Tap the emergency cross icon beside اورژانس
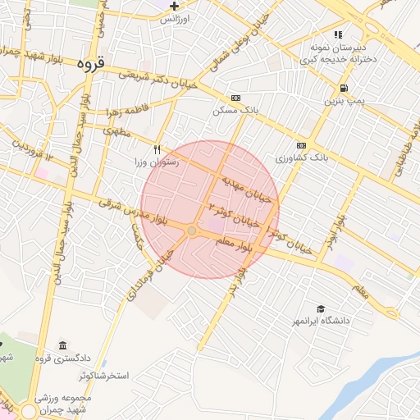coord(174,6)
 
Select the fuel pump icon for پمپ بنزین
coord(342,89)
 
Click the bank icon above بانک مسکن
coord(236,97)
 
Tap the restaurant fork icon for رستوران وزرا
coord(156,149)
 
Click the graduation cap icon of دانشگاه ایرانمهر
coord(320,308)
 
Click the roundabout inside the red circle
coord(192,232)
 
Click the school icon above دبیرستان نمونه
coord(338,35)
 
